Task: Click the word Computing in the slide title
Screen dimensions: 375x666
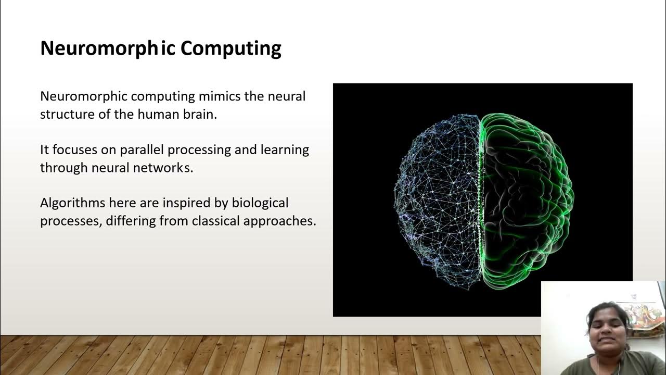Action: (231, 48)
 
